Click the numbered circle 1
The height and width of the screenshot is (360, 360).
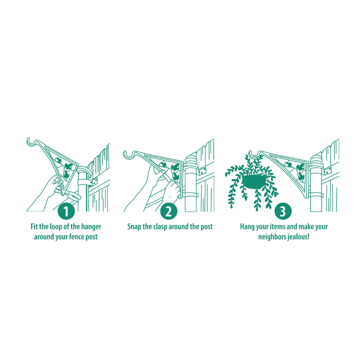tap(66, 211)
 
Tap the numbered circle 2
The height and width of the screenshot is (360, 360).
tap(169, 211)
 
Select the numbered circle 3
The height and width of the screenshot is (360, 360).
tap(283, 211)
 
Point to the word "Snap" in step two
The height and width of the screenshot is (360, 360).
tap(134, 227)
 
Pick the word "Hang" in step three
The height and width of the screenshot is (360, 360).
tap(247, 227)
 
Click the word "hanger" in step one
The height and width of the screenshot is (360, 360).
tap(91, 227)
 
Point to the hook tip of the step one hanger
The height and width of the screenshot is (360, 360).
tap(29, 140)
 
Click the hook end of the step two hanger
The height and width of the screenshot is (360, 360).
tap(126, 153)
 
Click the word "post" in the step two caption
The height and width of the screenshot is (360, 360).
tap(206, 227)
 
